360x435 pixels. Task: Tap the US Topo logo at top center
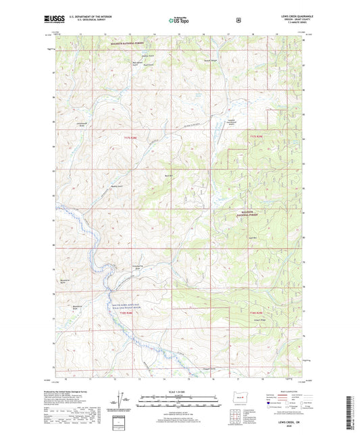coord(179,20)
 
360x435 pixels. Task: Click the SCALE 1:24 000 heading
coord(180,391)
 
